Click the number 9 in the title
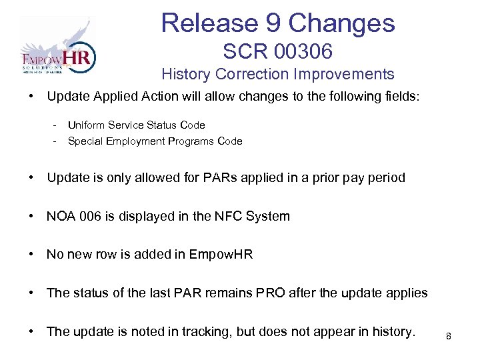pos(275,23)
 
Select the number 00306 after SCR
pos(303,51)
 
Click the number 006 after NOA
pos(88,216)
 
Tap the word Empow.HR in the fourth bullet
pos(222,255)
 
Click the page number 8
pos(449,336)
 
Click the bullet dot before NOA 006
pos(31,216)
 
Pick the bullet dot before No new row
pos(31,255)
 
